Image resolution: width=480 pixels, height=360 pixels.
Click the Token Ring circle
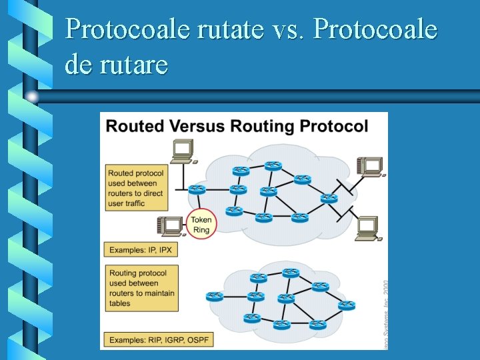coord(201,225)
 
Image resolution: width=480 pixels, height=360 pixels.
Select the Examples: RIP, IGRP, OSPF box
coord(159,340)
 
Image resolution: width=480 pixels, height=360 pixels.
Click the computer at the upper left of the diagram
coord(182,151)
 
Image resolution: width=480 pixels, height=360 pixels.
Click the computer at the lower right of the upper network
coord(368,229)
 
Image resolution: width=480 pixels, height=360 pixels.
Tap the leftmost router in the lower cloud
coord(215,296)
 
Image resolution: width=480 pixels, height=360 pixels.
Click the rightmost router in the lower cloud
coord(347,305)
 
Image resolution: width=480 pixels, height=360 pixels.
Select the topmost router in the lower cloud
coord(290,272)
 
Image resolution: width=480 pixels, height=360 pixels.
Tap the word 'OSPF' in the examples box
coord(197,340)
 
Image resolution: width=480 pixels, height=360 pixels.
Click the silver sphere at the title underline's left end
coord(32,97)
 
